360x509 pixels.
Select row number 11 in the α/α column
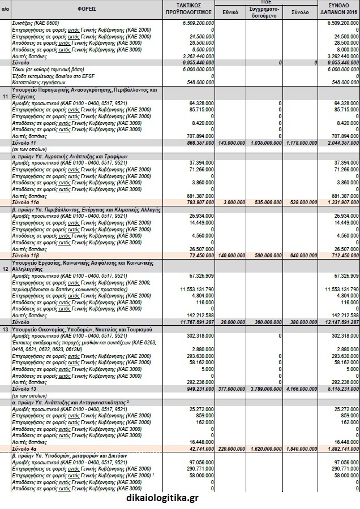click(5, 96)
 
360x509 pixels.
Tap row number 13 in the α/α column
click(5, 329)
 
